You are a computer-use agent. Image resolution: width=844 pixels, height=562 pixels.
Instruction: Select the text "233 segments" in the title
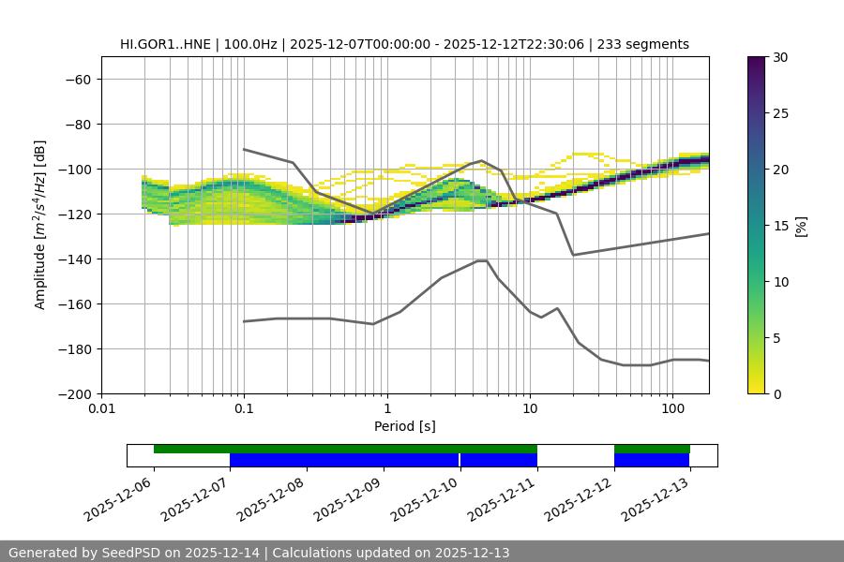click(646, 44)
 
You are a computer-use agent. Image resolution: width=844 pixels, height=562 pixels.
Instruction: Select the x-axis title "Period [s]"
click(404, 426)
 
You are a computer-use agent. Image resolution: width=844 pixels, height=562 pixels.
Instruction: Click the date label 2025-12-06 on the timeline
click(119, 497)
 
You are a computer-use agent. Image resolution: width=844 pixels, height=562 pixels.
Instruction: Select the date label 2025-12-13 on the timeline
click(656, 497)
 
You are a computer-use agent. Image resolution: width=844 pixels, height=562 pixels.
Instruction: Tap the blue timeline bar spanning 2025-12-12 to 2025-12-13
click(652, 460)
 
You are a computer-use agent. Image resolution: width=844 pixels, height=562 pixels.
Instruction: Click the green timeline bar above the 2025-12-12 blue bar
click(652, 449)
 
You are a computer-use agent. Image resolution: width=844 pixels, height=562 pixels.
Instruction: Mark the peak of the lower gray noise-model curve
click(482, 260)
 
